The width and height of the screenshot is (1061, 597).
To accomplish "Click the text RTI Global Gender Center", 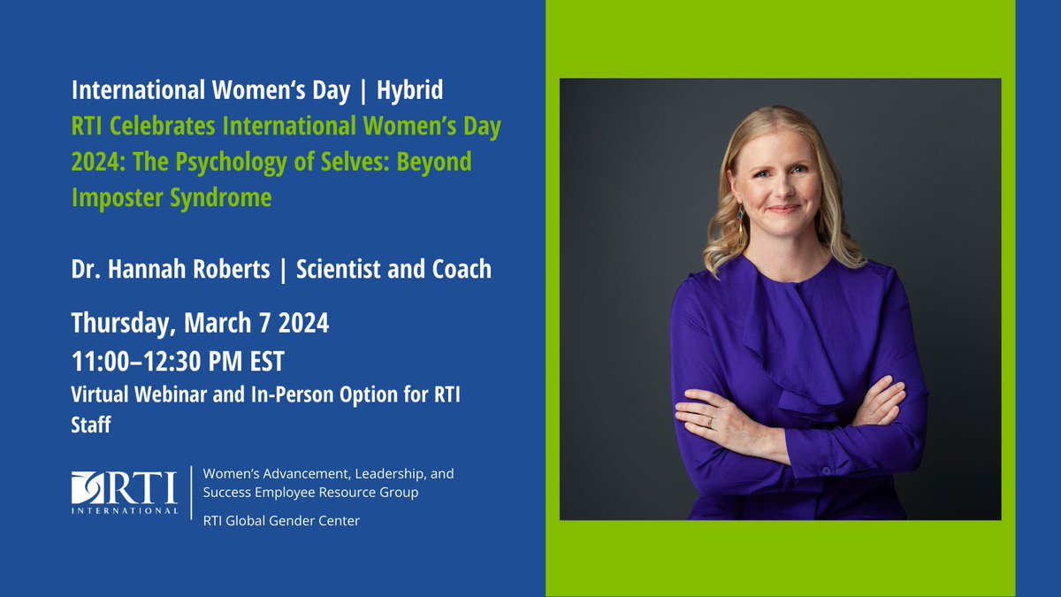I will pyautogui.click(x=281, y=521).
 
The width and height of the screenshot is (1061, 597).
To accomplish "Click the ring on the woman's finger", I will pyautogui.click(x=709, y=422).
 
